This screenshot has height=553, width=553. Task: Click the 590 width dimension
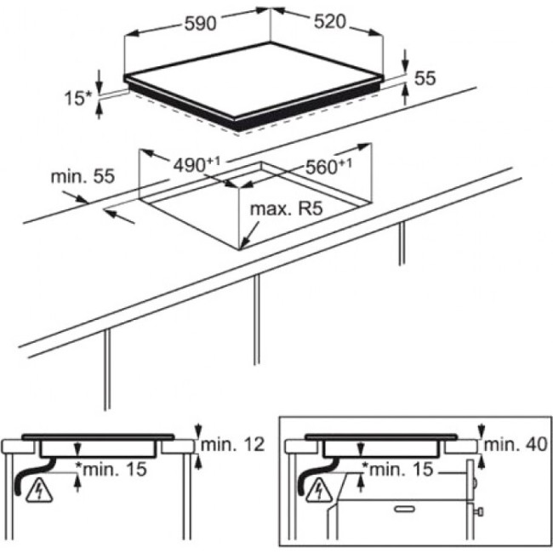click(200, 24)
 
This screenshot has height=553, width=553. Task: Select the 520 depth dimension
click(330, 22)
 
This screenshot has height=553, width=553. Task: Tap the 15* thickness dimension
click(78, 98)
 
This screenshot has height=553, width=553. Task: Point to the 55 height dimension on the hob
click(425, 78)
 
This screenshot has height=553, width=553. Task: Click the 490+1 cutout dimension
click(197, 164)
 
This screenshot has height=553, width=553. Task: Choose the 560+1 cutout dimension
click(328, 167)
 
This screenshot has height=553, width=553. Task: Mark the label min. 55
click(83, 176)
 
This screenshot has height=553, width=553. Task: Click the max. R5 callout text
click(286, 208)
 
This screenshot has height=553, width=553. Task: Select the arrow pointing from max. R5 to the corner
click(250, 234)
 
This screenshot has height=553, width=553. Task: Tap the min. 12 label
click(232, 444)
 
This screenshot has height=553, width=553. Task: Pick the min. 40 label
click(516, 445)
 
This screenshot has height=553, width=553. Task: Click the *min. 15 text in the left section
click(111, 469)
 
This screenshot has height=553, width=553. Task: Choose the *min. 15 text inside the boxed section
click(397, 469)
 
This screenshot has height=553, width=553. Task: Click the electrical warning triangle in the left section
click(39, 491)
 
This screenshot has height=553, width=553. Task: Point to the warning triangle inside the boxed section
click(319, 490)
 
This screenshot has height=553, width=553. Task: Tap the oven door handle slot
click(405, 509)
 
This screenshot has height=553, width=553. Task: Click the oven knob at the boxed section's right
click(479, 511)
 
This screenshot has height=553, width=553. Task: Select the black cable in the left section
click(32, 476)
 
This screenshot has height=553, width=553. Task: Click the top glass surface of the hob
click(254, 80)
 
